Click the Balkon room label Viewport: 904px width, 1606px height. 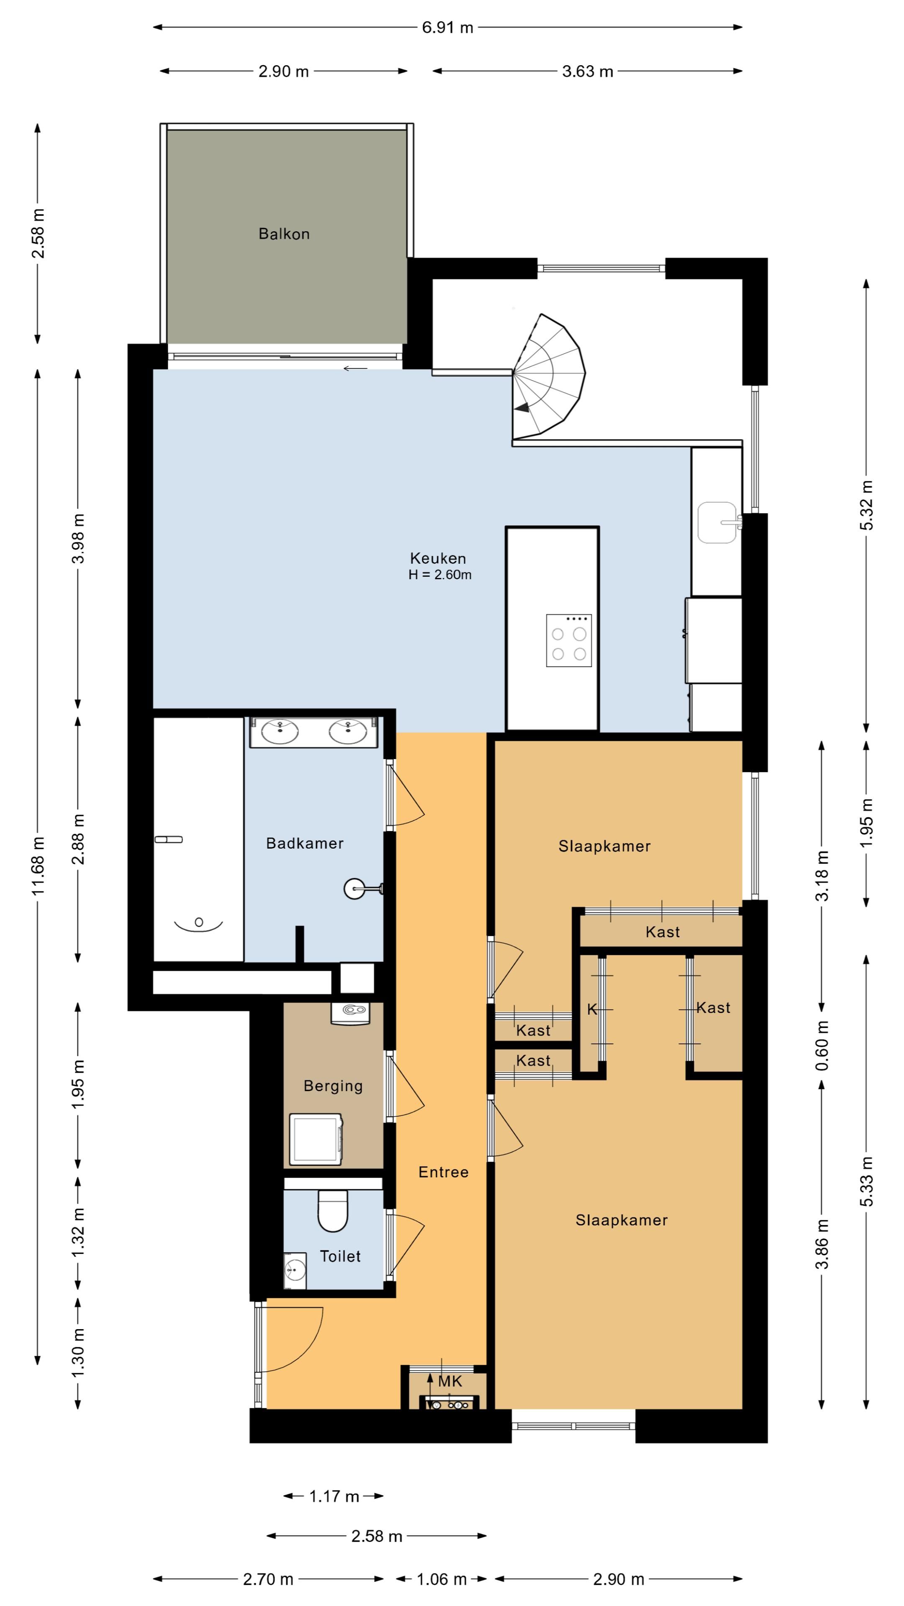click(284, 234)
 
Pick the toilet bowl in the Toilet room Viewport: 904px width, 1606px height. click(333, 1211)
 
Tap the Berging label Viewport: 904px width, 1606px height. click(333, 1086)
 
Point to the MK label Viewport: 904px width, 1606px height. click(450, 1381)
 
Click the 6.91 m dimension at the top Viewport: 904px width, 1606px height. click(447, 28)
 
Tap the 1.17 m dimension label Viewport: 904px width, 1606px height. click(334, 1496)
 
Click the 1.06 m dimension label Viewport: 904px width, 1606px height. click(442, 1574)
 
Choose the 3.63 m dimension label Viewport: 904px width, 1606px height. click(588, 71)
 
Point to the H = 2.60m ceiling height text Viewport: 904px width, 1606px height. click(440, 575)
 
